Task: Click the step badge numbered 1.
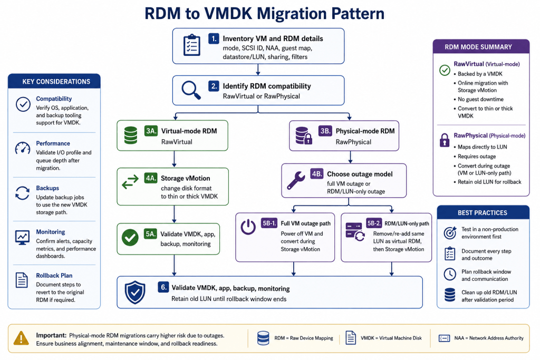[x=214, y=38]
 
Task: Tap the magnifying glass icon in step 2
[x=191, y=90]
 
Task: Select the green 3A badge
[x=151, y=131]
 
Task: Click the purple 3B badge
[x=325, y=131]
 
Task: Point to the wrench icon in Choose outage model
[x=296, y=180]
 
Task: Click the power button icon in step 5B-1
[x=248, y=227]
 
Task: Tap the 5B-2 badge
[x=374, y=223]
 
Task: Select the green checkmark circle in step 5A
[x=130, y=238]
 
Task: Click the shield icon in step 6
[x=135, y=292]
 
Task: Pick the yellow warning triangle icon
[x=21, y=338]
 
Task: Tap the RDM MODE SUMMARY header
[x=481, y=46]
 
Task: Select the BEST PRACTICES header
[x=483, y=212]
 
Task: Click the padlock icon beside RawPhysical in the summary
[x=445, y=140]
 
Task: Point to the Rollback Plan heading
[x=54, y=275]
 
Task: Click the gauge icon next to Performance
[x=23, y=148]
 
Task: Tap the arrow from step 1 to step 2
[x=258, y=70]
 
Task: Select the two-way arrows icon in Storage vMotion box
[x=130, y=182]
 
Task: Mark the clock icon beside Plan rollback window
[x=450, y=274]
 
